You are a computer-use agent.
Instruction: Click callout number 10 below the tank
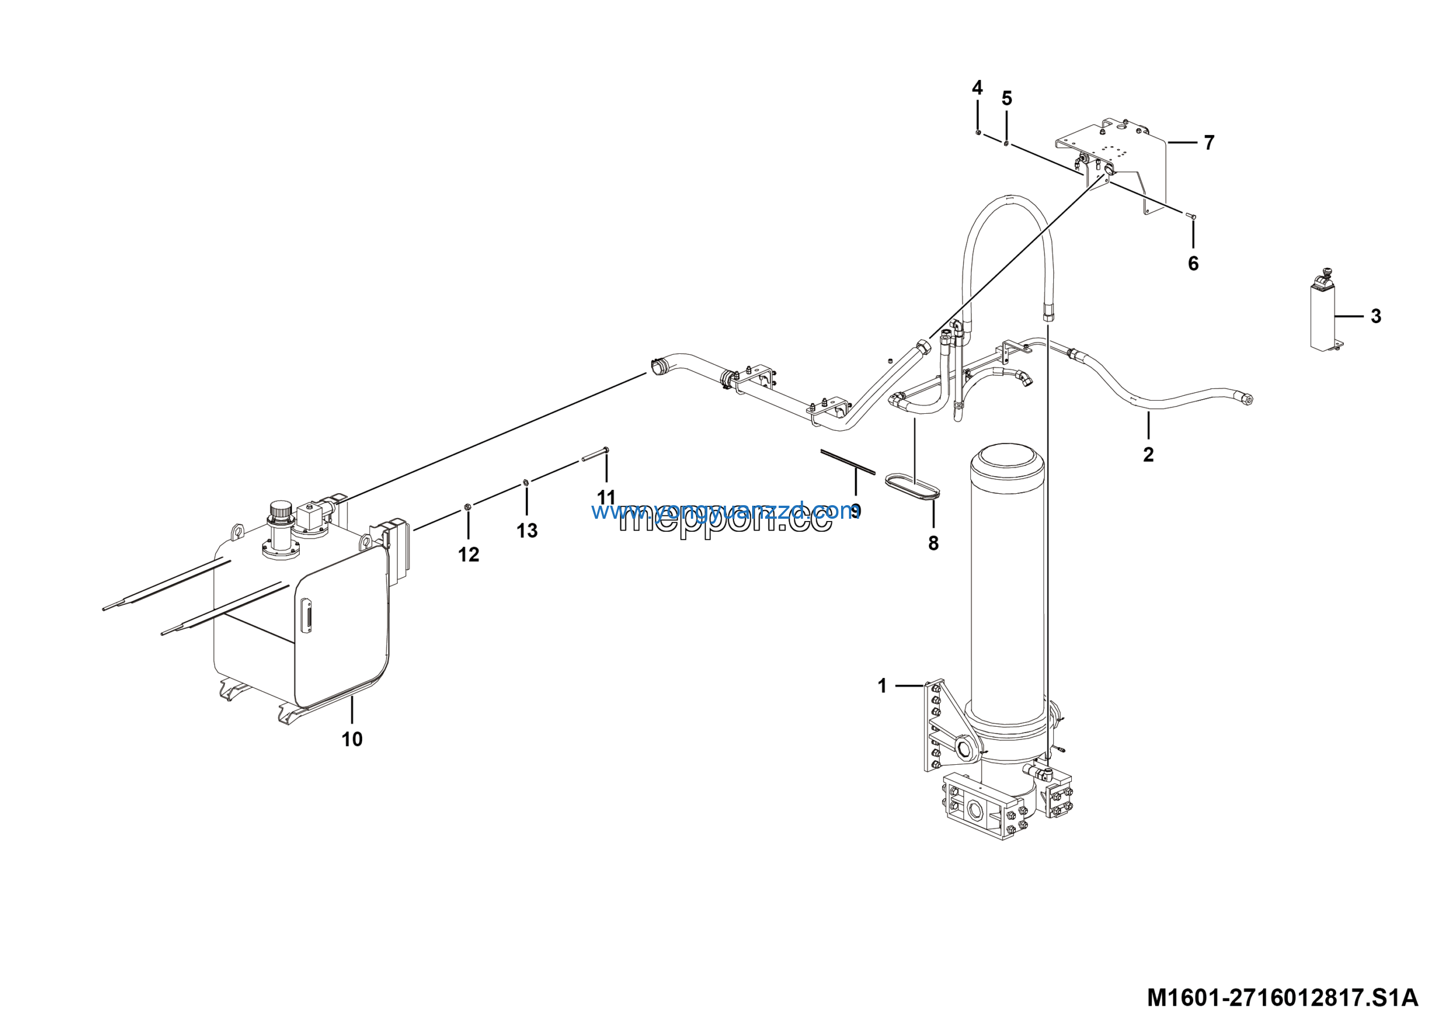coord(352,739)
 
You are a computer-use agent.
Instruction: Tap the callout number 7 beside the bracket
coord(1209,143)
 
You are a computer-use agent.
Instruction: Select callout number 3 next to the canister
coord(1376,316)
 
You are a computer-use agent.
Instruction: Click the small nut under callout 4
coord(978,132)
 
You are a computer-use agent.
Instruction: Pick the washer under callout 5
coord(1006,142)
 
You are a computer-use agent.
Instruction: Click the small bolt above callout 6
coord(1193,216)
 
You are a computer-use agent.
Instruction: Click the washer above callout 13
coord(526,484)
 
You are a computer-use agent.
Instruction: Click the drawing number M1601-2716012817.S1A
coord(1282,998)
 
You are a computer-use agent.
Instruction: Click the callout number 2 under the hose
coord(1148,454)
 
